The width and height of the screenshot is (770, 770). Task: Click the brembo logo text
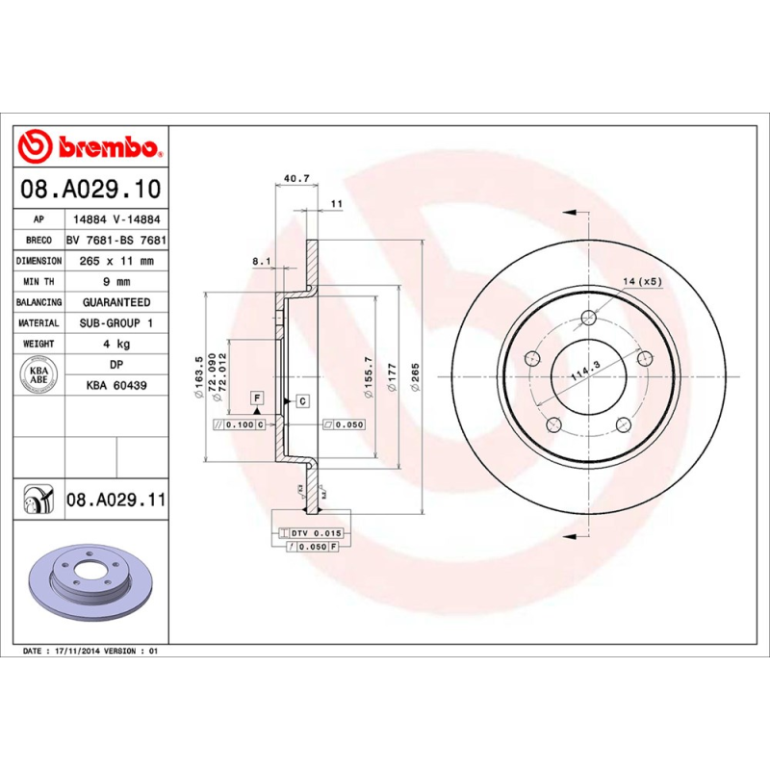[x=107, y=147]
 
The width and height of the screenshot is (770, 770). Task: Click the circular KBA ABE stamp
[x=39, y=374]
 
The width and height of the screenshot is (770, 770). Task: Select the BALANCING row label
[x=39, y=302]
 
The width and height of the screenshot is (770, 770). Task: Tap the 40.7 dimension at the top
[x=296, y=178]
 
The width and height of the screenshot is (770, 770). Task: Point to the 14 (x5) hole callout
[x=642, y=281]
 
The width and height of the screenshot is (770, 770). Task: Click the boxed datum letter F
[x=257, y=397]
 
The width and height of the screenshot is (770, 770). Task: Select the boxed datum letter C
[x=301, y=400]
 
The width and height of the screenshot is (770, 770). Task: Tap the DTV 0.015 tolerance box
[x=315, y=532]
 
